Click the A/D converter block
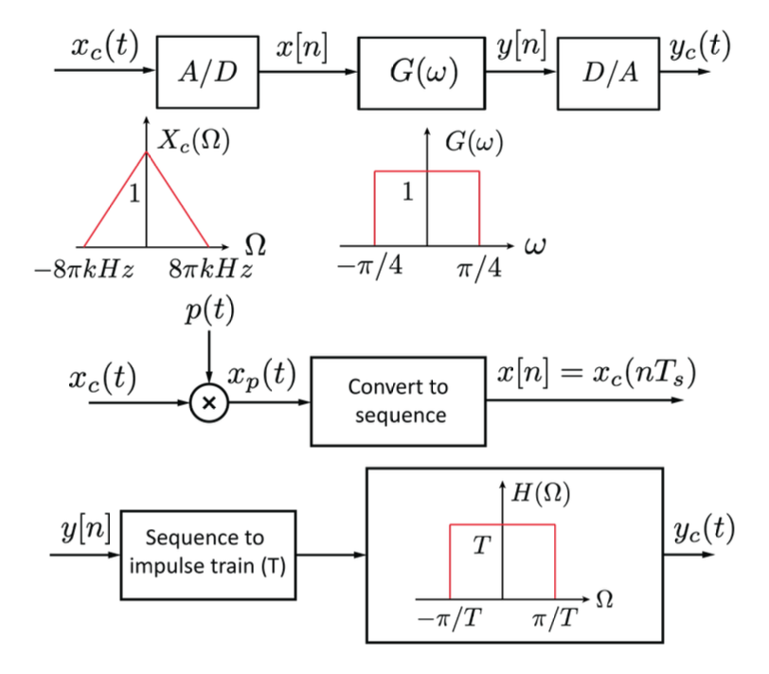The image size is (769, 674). pos(207,74)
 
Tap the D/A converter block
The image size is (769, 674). pos(607,74)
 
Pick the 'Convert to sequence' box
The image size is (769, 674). pos(398,400)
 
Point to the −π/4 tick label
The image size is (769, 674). pos(367,264)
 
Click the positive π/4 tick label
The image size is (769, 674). pos(478,264)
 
